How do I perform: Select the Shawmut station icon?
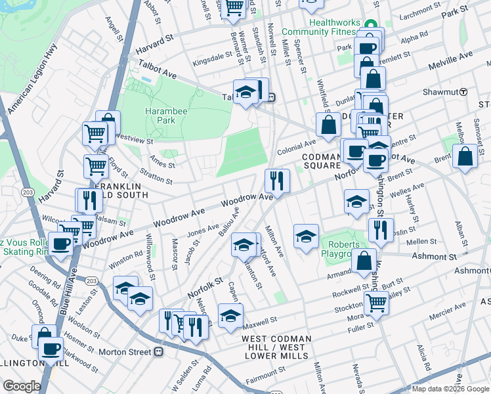point(463,92)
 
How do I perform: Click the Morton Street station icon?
point(158,352)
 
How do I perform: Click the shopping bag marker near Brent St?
point(465,158)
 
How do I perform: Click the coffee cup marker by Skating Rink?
point(62,245)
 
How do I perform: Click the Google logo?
point(22,386)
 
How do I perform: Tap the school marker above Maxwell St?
point(230,315)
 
